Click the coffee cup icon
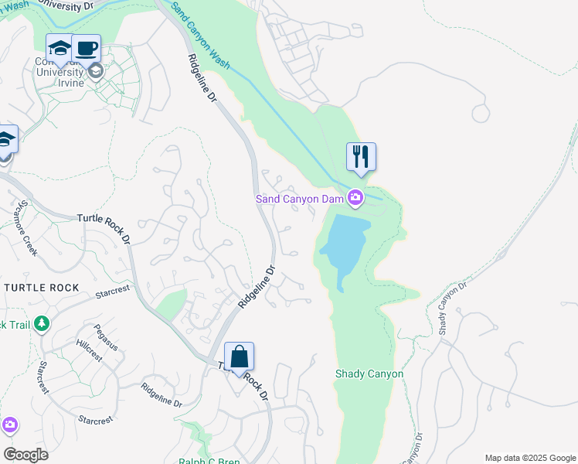click(x=87, y=49)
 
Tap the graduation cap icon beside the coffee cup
click(x=59, y=49)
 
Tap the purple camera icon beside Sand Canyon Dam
click(x=355, y=199)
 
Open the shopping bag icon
click(x=239, y=357)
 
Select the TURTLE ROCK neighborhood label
click(x=41, y=288)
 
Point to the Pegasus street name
click(x=106, y=337)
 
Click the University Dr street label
click(x=74, y=5)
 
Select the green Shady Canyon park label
click(x=369, y=374)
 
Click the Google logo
click(x=25, y=455)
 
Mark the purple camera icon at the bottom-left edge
click(x=8, y=425)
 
